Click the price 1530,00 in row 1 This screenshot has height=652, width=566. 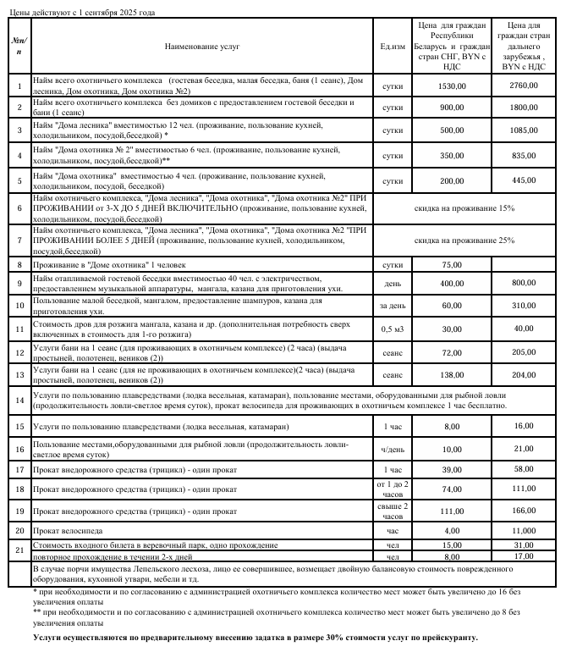tap(452, 86)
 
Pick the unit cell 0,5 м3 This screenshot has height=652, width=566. tap(392, 329)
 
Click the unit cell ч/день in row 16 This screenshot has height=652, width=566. tap(392, 448)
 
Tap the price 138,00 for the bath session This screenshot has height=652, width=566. tap(452, 374)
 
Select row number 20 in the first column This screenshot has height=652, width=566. tap(19, 531)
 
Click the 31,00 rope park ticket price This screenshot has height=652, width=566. tap(524, 544)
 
